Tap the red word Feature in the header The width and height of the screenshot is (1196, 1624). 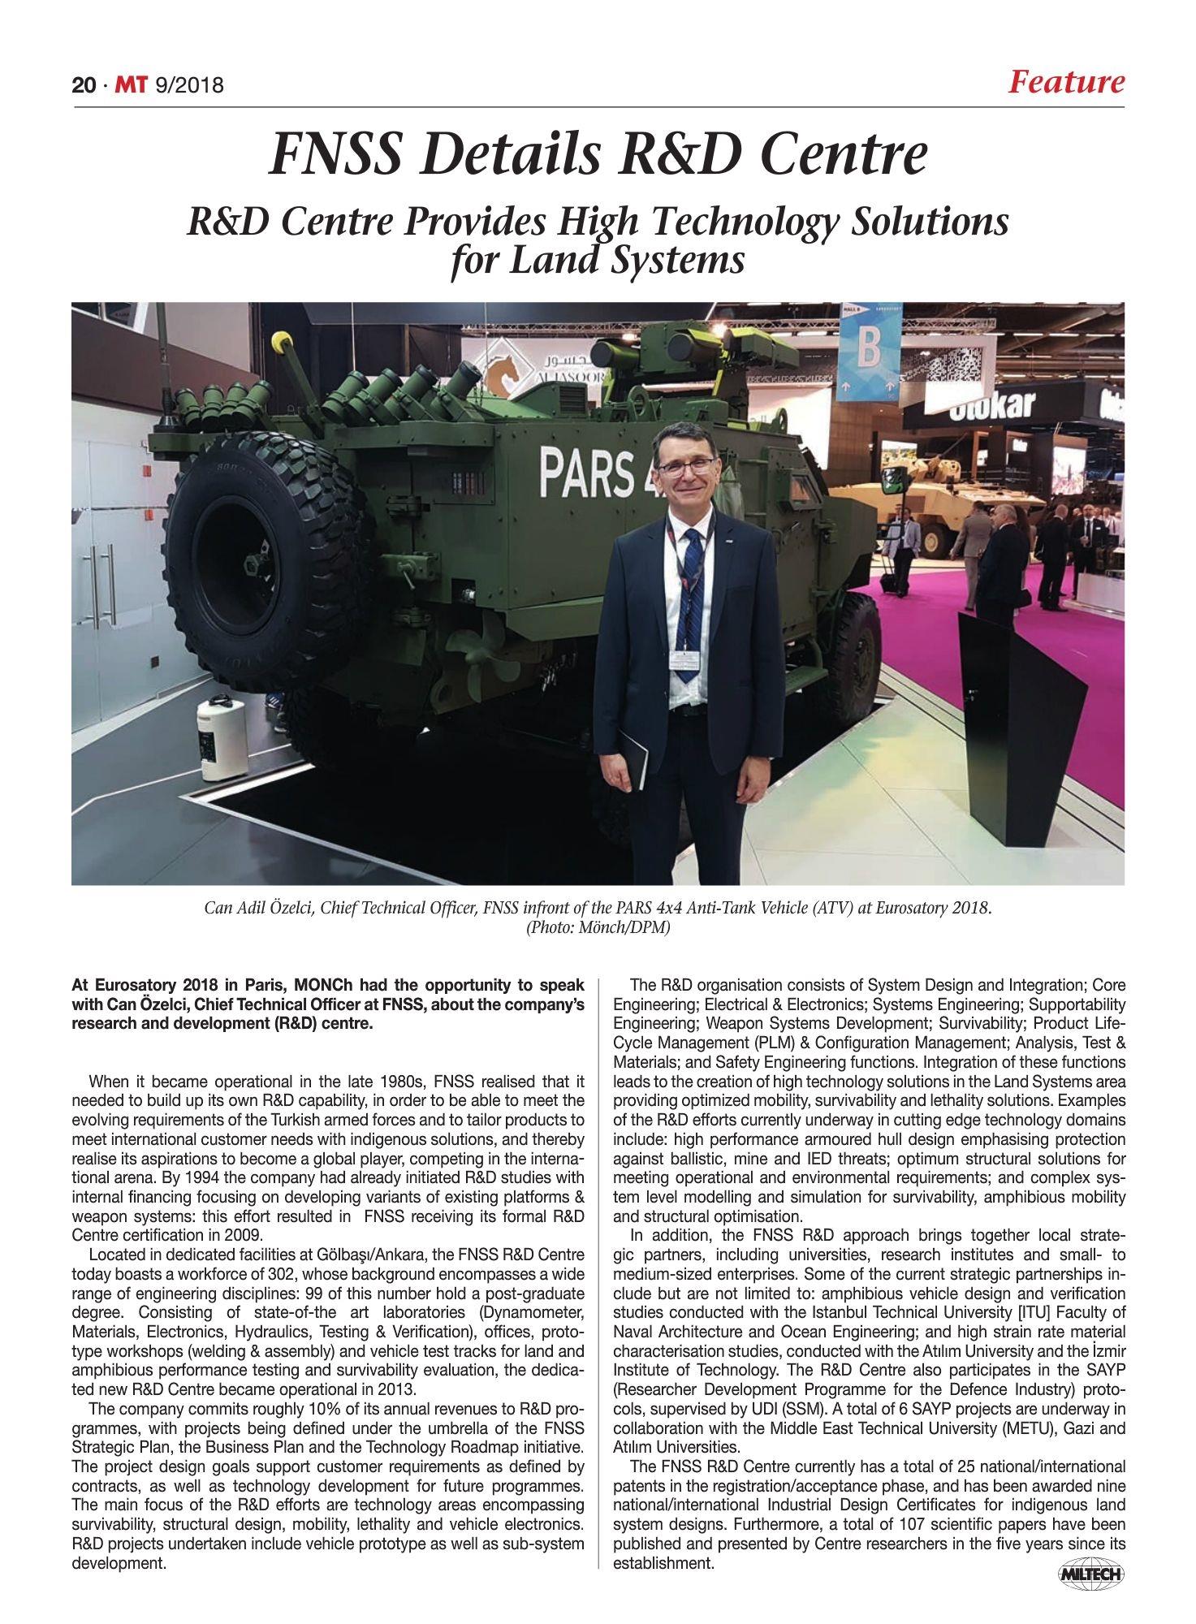pyautogui.click(x=1066, y=82)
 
